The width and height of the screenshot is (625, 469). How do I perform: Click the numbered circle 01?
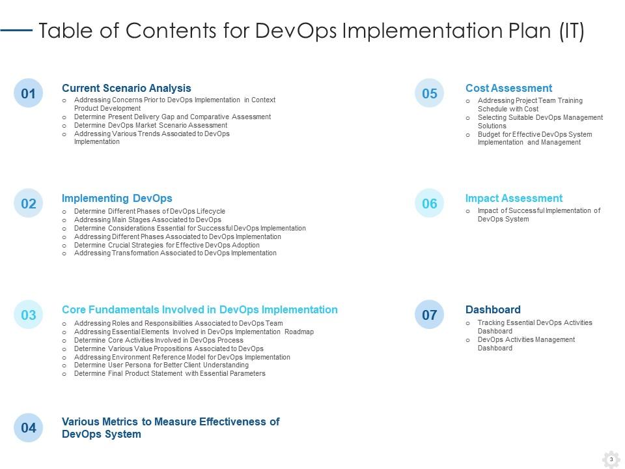pyautogui.click(x=28, y=93)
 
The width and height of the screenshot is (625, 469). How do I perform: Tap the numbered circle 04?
pyautogui.click(x=28, y=427)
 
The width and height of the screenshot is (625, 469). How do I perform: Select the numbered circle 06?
pyautogui.click(x=429, y=203)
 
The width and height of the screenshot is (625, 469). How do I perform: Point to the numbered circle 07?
pyautogui.click(x=429, y=315)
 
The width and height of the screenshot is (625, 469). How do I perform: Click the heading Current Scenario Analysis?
pyautogui.click(x=126, y=88)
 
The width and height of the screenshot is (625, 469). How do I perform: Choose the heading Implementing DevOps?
pyautogui.click(x=117, y=198)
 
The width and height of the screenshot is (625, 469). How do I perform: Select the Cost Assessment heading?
pyautogui.click(x=508, y=88)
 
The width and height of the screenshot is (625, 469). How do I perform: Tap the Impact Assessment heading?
pyautogui.click(x=514, y=198)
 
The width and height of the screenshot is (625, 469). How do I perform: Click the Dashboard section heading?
pyautogui.click(x=493, y=309)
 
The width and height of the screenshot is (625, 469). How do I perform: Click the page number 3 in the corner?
pyautogui.click(x=611, y=459)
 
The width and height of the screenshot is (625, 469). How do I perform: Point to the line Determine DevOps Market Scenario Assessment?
pyautogui.click(x=150, y=125)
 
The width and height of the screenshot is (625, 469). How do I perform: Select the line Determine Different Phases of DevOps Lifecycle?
pyautogui.click(x=150, y=211)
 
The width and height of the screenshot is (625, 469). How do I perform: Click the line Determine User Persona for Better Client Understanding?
pyautogui.click(x=161, y=365)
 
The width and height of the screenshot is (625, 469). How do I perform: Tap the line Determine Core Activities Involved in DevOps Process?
pyautogui.click(x=159, y=340)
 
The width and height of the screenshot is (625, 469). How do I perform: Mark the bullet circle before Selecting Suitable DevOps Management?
pyautogui.click(x=468, y=119)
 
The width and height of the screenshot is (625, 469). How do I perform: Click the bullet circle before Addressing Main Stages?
pyautogui.click(x=64, y=220)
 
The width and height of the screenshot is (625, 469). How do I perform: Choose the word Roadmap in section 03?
pyautogui.click(x=299, y=332)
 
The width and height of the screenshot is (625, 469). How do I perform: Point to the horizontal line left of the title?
pyautogui.click(x=16, y=30)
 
